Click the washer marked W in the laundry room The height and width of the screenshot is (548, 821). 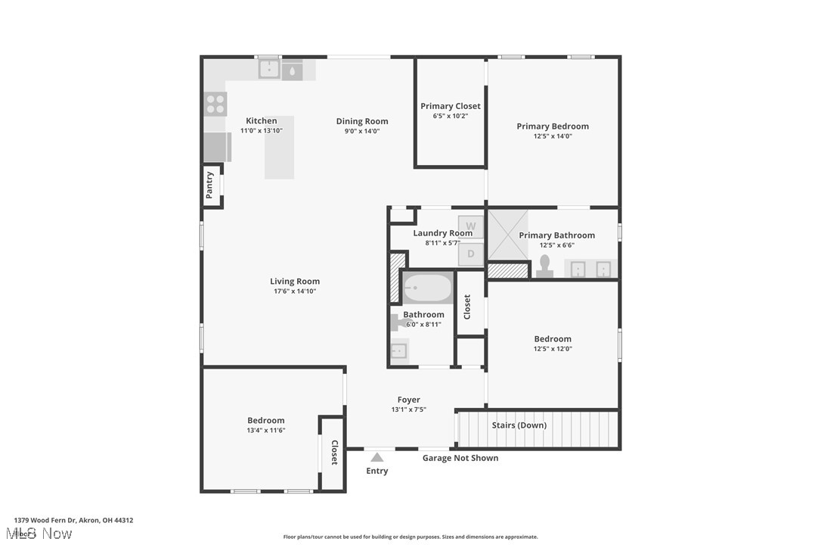[x=470, y=226]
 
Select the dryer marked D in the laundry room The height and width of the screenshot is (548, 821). [x=470, y=254]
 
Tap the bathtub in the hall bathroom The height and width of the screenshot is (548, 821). [x=427, y=288]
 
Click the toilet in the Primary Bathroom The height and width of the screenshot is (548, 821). [x=544, y=266]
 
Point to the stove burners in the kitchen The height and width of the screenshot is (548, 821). [x=215, y=104]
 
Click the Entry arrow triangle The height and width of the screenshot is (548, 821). [x=376, y=456]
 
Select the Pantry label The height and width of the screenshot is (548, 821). [x=210, y=185]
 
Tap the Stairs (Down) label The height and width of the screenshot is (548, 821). [x=519, y=425]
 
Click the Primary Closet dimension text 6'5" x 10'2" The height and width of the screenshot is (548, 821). [x=451, y=116]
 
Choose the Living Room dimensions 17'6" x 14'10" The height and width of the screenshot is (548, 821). [x=295, y=291]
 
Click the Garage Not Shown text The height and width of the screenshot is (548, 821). [x=460, y=457]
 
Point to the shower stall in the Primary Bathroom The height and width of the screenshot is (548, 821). [x=507, y=235]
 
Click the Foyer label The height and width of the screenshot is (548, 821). [x=409, y=400]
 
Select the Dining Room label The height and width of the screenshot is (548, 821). [x=362, y=121]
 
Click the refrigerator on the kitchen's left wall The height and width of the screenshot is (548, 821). [x=216, y=147]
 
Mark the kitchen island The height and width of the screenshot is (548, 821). [x=279, y=148]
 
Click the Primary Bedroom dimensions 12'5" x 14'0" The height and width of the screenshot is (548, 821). [x=553, y=136]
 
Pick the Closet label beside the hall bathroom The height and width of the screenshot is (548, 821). [x=467, y=307]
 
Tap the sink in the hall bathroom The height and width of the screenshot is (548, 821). [x=398, y=350]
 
